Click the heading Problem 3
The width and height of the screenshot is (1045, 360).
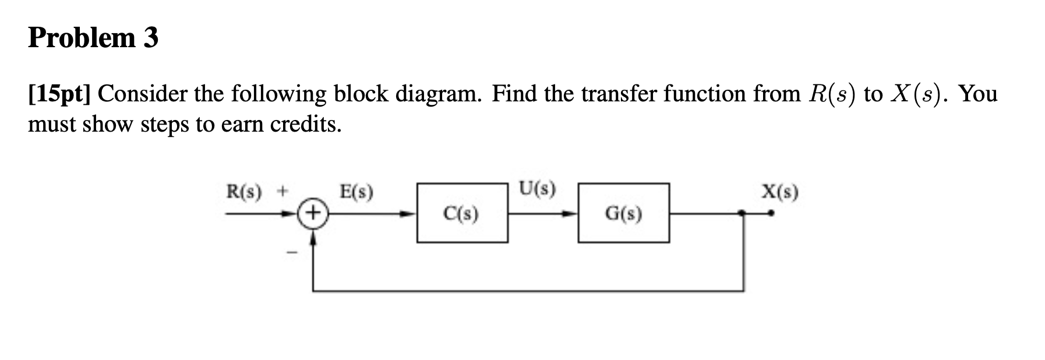[93, 38]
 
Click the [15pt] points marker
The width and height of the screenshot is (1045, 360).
[59, 94]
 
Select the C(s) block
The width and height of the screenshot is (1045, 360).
[461, 213]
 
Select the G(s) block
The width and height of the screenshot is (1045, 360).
[623, 213]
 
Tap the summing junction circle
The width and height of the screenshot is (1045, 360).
[313, 213]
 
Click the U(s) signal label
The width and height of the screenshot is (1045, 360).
[537, 189]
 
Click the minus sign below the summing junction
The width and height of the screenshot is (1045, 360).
[292, 252]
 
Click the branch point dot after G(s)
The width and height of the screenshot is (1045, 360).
[742, 213]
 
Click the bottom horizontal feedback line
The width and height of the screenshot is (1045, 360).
[524, 290]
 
